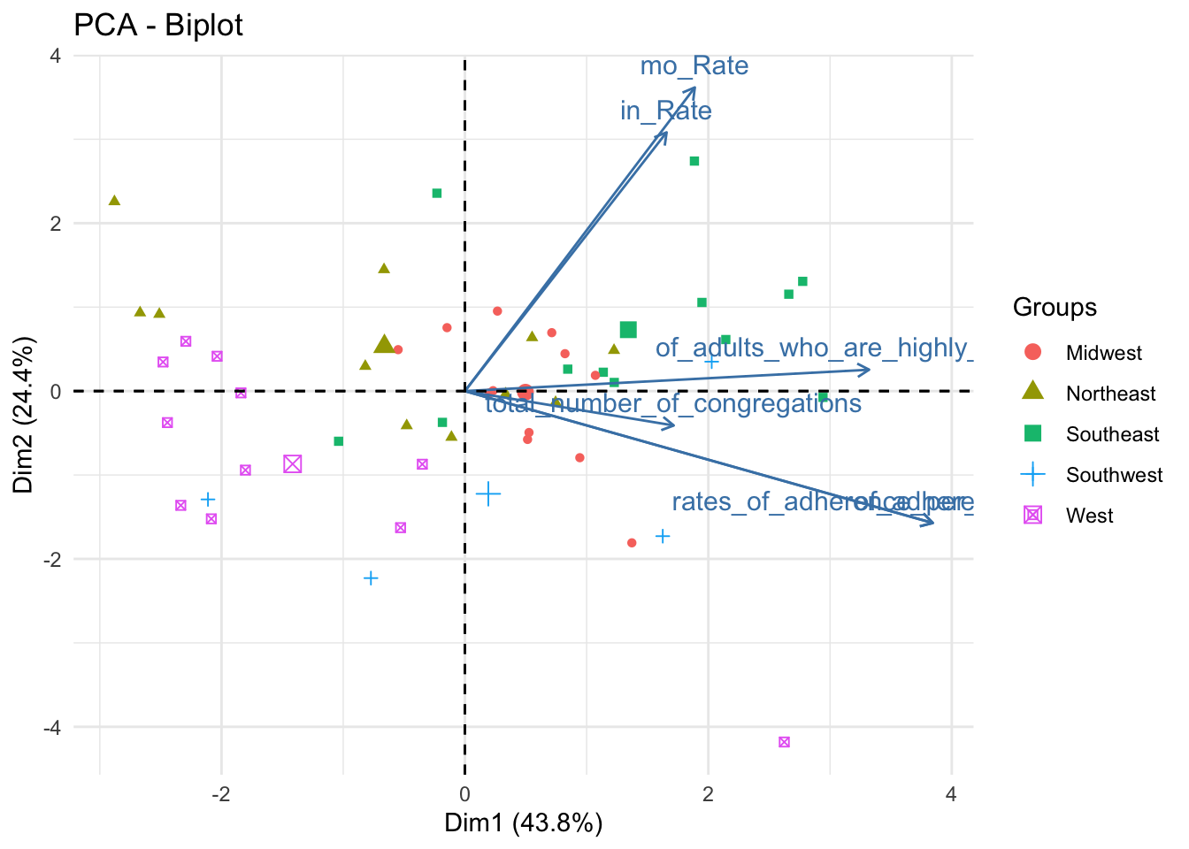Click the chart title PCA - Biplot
coord(158,25)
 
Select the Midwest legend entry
coord(1103,353)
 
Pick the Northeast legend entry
coord(1110,394)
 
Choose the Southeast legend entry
coord(1112,434)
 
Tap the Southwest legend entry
coord(1114,475)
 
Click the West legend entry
coord(1089,516)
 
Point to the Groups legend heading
coord(1055,308)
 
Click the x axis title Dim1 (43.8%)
coord(523,823)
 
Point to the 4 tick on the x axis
coord(951,794)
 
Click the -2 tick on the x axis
coord(221,794)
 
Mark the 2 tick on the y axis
coord(55,223)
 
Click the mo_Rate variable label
coord(694,66)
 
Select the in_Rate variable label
coord(665,111)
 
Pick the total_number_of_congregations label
coord(672,404)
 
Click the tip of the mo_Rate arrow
coord(695,88)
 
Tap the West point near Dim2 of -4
coord(784,742)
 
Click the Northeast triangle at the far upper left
coord(114,201)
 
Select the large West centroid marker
coord(293,464)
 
